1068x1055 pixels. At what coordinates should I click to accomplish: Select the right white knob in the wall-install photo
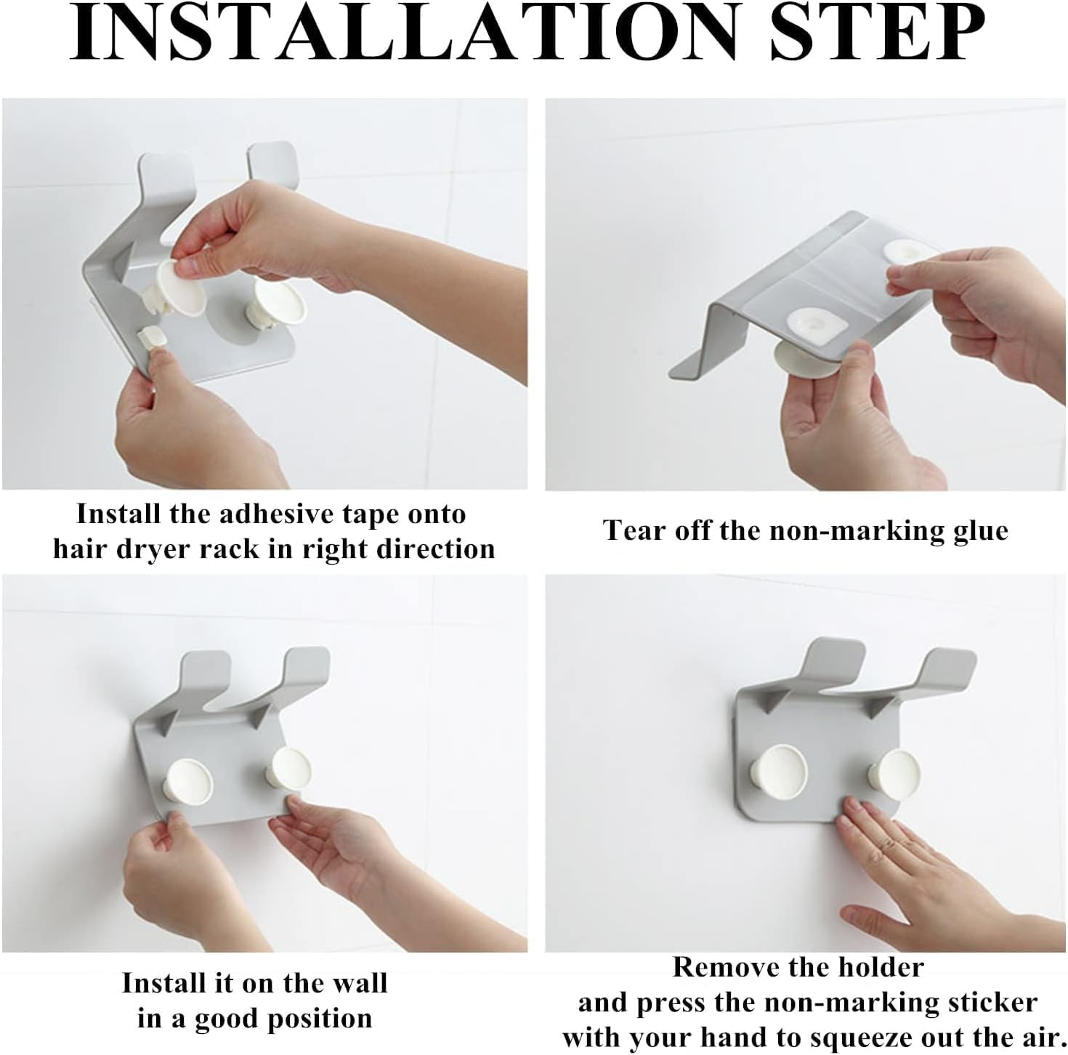[288, 769]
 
